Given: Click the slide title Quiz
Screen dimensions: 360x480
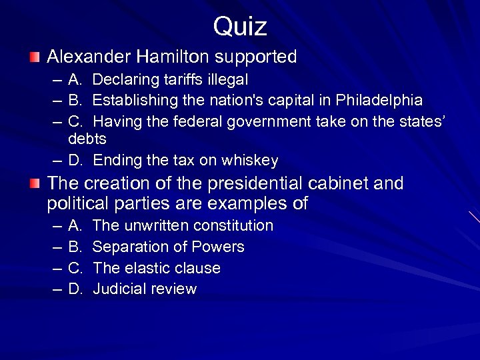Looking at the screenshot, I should click(240, 27).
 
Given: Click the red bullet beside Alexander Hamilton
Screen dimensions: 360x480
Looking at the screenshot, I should click(35, 57).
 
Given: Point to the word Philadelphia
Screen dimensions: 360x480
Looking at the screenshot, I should click(378, 101).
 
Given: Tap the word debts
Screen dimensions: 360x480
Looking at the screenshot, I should click(87, 139).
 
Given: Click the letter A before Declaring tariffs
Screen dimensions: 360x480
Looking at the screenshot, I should click(75, 80).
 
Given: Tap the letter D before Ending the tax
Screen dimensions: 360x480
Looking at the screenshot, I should click(75, 161).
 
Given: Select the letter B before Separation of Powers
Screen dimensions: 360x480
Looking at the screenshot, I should click(75, 247).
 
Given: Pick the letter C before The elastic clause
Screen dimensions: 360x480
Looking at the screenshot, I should click(75, 268).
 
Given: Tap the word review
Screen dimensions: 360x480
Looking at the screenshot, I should click(175, 289).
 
